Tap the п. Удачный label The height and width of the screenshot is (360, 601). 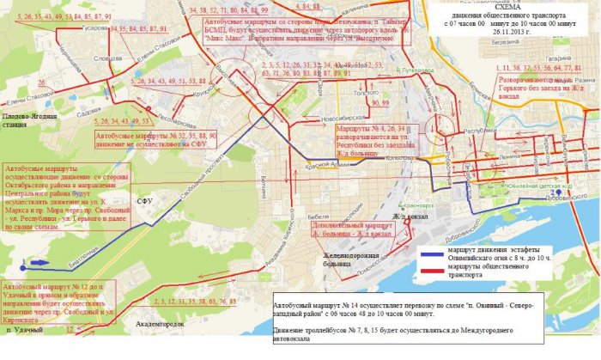pos(21,330)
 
